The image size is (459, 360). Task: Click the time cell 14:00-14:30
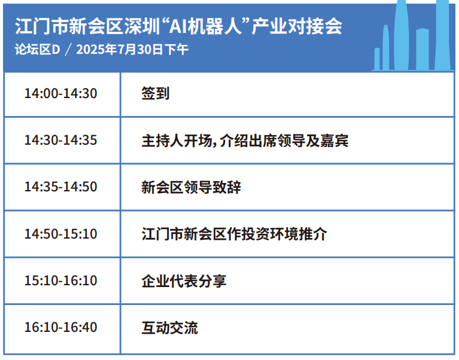click(x=60, y=94)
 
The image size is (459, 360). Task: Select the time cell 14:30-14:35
click(x=60, y=141)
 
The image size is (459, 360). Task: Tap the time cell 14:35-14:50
click(x=60, y=187)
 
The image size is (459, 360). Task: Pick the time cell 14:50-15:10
click(x=60, y=234)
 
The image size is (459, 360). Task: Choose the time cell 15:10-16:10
click(x=60, y=280)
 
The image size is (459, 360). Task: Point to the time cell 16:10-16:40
click(x=60, y=328)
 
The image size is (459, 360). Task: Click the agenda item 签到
click(x=156, y=94)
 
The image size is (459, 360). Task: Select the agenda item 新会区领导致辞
click(x=191, y=187)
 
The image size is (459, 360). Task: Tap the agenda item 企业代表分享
click(x=184, y=280)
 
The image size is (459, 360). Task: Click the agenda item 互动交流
click(x=169, y=328)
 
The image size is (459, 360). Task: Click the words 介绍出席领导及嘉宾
click(x=284, y=141)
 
